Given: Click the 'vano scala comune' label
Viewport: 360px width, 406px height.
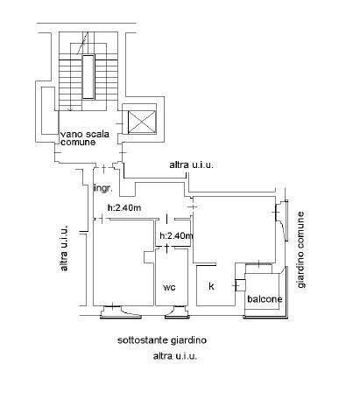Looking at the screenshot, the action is click(85, 138).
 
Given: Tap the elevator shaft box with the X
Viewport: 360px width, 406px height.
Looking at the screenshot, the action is click(142, 122).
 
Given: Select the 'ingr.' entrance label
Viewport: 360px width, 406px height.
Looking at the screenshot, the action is click(102, 188).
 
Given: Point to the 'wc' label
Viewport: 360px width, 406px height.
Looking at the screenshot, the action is click(169, 287).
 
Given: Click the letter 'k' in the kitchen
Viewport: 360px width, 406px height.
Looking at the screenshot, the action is click(211, 286).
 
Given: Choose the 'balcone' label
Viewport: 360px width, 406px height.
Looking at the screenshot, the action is click(265, 299).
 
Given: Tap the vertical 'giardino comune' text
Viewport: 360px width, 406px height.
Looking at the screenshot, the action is click(300, 249).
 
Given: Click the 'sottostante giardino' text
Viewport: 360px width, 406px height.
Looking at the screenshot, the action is click(162, 340).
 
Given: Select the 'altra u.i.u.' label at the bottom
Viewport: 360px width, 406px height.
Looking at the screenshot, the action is click(175, 356).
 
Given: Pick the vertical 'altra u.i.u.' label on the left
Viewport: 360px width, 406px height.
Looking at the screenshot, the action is click(64, 248).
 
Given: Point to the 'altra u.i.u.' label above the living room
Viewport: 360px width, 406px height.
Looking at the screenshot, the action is click(192, 165).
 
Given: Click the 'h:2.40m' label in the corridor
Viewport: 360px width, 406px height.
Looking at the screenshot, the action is click(124, 207).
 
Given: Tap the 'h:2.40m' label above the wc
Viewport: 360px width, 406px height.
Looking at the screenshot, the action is click(176, 235).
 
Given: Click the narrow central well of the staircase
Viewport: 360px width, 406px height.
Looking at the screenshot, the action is click(88, 77).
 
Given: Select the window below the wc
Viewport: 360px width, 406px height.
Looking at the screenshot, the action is click(177, 312).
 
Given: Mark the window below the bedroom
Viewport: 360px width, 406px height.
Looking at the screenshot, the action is click(121, 312).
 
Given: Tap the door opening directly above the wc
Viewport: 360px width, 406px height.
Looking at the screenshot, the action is click(166, 248).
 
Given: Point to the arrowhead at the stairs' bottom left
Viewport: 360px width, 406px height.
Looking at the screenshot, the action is click(70, 109).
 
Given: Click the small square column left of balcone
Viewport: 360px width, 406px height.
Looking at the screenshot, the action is click(240, 285).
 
